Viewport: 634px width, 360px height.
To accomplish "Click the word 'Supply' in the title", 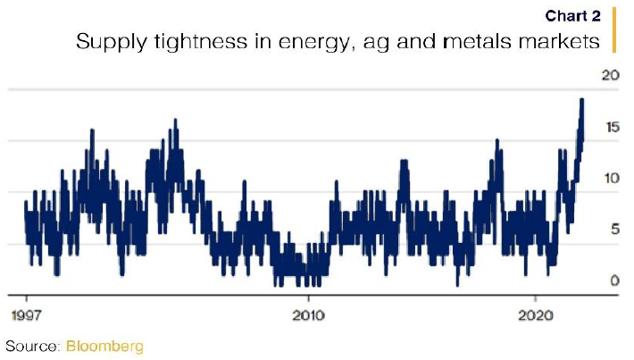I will pos(104,42).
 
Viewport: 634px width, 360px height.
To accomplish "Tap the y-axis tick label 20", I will pos(610,76).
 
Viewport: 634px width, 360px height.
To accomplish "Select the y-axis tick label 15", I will pos(610,128).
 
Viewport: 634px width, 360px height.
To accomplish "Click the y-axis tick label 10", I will pos(610,178).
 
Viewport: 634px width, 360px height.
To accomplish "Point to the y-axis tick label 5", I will pos(613,229).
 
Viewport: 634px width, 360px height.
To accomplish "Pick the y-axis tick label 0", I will pos(613,280).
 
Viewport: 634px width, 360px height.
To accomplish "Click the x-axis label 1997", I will pos(27,314).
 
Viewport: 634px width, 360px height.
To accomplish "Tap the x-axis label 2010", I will pos(308,314).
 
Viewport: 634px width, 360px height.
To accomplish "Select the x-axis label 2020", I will pos(535,314).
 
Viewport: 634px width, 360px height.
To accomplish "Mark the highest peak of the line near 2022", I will pos(581,100).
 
